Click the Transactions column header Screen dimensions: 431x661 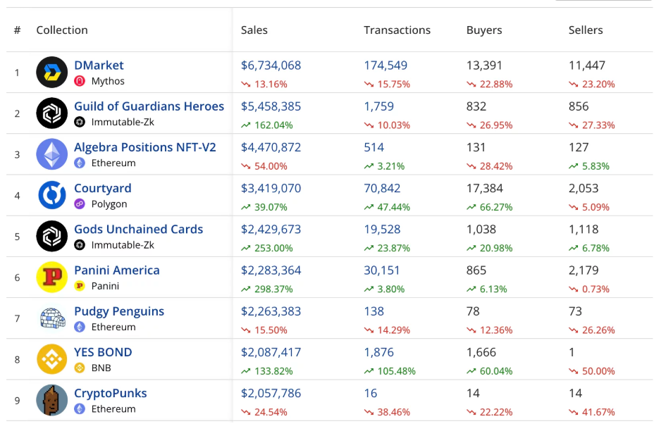pyautogui.click(x=397, y=30)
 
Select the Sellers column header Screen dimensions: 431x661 pyautogui.click(x=586, y=30)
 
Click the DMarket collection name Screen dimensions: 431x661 pyautogui.click(x=99, y=65)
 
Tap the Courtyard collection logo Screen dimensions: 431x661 pyautogui.click(x=52, y=195)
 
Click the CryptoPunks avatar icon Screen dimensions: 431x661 pyautogui.click(x=52, y=400)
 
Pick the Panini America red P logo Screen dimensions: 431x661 pyautogui.click(x=52, y=277)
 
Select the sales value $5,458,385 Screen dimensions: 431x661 pyautogui.click(x=271, y=106)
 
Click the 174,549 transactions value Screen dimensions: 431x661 pyautogui.click(x=385, y=65)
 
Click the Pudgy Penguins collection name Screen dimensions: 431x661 pyautogui.click(x=119, y=311)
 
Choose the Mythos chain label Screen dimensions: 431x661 pyautogui.click(x=108, y=81)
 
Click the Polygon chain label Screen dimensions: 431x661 pyautogui.click(x=109, y=204)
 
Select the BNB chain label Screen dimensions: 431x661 pyautogui.click(x=101, y=368)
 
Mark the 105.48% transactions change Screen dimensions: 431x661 pyautogui.click(x=394, y=371)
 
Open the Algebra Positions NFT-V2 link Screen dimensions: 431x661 pyautogui.click(x=145, y=147)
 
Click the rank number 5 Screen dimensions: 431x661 pyautogui.click(x=18, y=236)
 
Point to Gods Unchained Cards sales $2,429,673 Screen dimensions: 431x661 pyautogui.click(x=271, y=229)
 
